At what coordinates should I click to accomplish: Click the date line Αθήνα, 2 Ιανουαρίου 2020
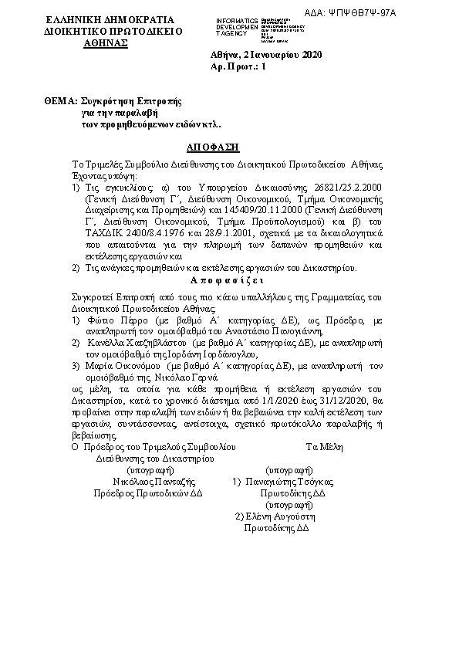(x=266, y=56)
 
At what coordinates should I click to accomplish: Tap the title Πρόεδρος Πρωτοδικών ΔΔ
(x=147, y=492)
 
